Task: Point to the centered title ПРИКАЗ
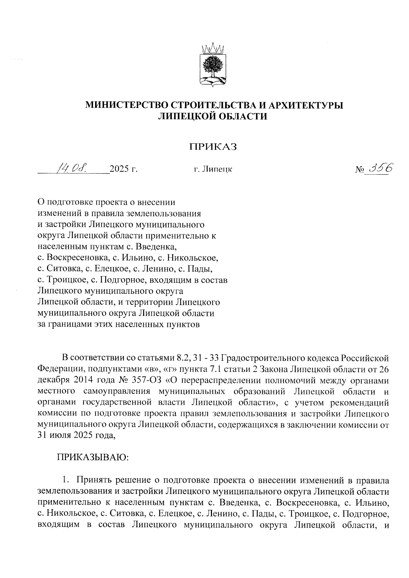point(213,147)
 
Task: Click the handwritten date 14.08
point(73,167)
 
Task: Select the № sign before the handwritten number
point(360,169)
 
